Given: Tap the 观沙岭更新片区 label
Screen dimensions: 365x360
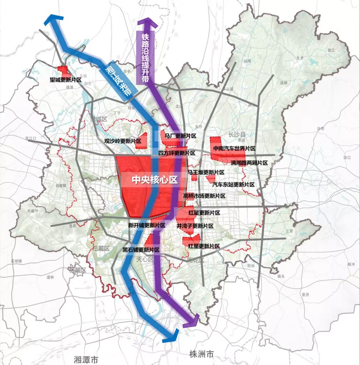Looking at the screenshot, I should coord(123,141).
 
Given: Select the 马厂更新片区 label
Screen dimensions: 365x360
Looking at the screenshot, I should coord(181,136).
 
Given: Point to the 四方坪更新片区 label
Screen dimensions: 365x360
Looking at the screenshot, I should coord(176,153).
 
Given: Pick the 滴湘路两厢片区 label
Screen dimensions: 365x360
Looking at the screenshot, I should coord(249,163).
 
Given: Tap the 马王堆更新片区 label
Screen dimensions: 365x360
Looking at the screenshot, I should coord(206,172).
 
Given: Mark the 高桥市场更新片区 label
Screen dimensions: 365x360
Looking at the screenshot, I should coord(204,196).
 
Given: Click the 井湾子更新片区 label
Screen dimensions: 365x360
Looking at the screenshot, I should coord(195,226).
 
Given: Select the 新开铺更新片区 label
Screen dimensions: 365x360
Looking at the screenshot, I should coord(147,225).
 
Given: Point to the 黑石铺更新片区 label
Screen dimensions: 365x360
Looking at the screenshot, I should coord(141,250).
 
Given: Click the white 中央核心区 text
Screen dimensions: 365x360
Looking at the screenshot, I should coord(155,180).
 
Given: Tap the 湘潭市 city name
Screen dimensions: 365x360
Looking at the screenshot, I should coord(87,359).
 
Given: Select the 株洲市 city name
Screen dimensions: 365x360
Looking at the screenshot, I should coord(201,354).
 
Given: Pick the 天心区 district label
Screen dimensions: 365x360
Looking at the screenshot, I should coord(145,259).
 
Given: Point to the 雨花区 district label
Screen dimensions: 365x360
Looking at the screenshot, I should coord(195,260).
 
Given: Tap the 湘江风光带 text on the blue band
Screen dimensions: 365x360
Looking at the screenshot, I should coord(117,81).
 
